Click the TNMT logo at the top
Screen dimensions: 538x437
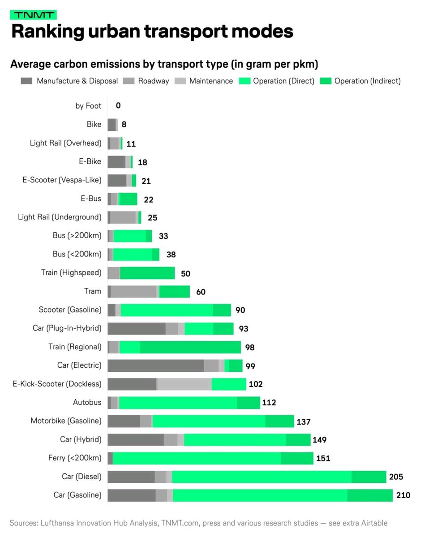coord(33,15)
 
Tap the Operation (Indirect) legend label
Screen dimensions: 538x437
coord(367,81)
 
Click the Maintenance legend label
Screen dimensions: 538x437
coord(211,81)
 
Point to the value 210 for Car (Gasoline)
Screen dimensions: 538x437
coord(403,495)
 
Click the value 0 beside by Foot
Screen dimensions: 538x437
coord(118,106)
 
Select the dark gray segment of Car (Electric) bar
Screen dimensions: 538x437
coord(155,365)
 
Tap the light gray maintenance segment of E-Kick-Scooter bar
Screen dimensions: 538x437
coord(184,384)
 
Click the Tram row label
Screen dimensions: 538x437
coord(93,291)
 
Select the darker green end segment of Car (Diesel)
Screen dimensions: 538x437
coord(368,477)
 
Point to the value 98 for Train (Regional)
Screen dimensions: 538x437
coord(250,347)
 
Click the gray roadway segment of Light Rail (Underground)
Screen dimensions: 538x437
coord(123,217)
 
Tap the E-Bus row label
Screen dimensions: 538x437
coord(93,199)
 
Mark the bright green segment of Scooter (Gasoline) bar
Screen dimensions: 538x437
coord(167,310)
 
